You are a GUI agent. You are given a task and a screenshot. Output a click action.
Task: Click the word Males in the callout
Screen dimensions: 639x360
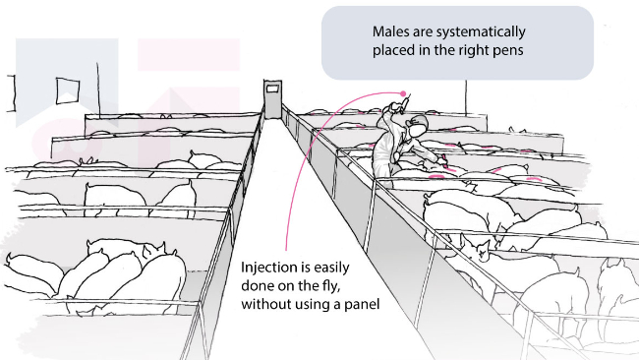point(390,31)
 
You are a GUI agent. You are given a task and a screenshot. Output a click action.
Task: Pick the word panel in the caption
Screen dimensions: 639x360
point(362,304)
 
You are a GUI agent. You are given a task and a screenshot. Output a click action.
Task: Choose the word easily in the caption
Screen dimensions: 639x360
point(331,268)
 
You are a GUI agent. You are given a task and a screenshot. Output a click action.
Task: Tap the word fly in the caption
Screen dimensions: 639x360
point(331,286)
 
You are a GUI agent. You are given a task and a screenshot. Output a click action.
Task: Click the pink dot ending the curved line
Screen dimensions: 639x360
point(403,93)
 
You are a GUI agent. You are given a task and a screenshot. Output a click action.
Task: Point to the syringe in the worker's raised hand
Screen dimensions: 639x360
point(405,102)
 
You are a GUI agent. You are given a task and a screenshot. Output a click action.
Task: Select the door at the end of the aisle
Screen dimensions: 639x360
point(272,99)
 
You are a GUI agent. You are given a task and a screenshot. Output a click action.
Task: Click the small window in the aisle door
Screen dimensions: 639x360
point(272,88)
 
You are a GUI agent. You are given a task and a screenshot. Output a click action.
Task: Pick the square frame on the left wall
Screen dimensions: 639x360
point(67,90)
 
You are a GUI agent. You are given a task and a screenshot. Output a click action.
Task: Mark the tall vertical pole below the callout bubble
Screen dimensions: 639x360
point(466,97)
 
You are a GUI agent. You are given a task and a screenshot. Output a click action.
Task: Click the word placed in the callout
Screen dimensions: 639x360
point(393,50)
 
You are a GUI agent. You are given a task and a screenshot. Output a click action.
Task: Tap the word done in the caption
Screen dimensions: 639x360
point(258,286)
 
